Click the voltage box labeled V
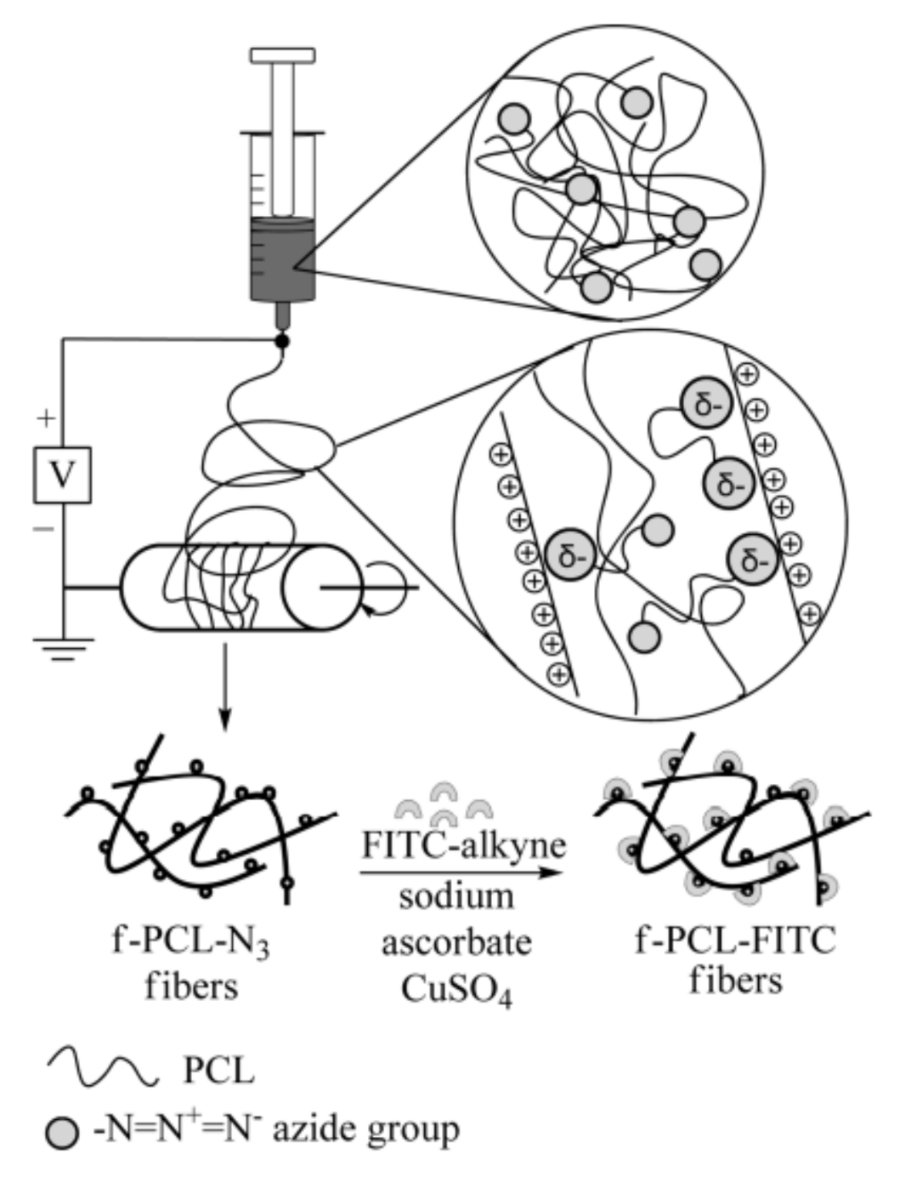(x=62, y=475)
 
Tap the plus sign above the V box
(x=46, y=418)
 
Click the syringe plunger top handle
(x=282, y=55)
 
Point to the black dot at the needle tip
(x=281, y=341)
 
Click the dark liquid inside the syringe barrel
(x=282, y=259)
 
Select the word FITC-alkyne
(x=464, y=847)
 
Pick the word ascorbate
(x=456, y=942)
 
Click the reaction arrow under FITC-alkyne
(x=462, y=872)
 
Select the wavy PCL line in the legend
(x=103, y=1068)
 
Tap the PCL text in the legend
(x=218, y=1071)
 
